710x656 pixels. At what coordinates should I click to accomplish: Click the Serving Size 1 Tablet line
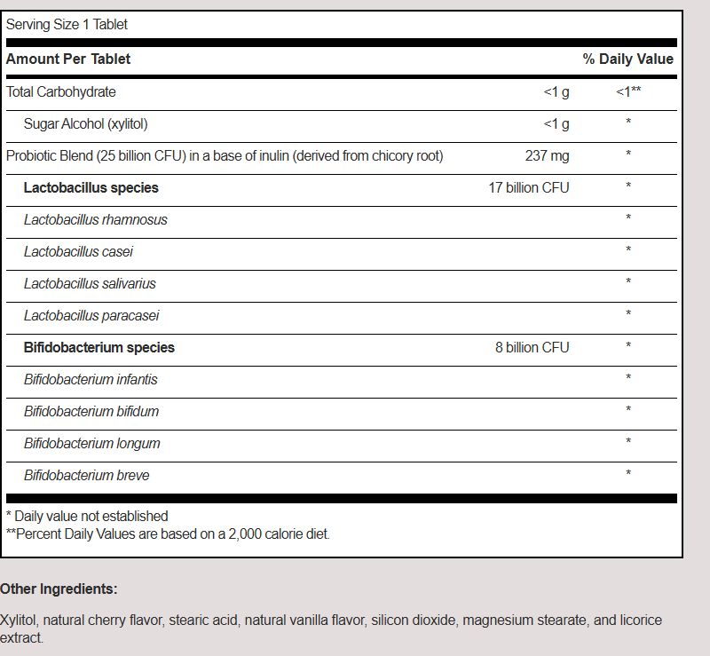click(x=67, y=24)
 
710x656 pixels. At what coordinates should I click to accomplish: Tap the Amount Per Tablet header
click(x=68, y=59)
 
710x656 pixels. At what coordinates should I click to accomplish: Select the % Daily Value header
click(x=627, y=59)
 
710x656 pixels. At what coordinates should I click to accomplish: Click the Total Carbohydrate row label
click(x=61, y=91)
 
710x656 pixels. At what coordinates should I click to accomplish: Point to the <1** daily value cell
click(x=628, y=91)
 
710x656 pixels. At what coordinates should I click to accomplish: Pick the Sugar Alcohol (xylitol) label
click(x=85, y=123)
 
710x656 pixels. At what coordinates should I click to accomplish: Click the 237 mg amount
click(x=547, y=155)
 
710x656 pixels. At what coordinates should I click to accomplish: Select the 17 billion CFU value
click(x=529, y=187)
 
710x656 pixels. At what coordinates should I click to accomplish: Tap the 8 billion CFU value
click(x=532, y=347)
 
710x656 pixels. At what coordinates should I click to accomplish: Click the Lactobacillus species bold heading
click(x=91, y=187)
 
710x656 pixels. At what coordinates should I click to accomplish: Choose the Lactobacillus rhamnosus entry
click(x=96, y=219)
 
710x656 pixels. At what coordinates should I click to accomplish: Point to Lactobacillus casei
click(x=78, y=251)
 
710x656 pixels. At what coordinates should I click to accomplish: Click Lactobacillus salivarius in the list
click(x=90, y=283)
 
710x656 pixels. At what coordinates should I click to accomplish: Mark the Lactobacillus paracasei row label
click(x=91, y=315)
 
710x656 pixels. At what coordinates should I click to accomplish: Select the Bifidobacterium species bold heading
click(x=99, y=347)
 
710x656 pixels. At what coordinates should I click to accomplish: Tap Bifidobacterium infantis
click(x=91, y=379)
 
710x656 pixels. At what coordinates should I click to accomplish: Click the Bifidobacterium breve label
click(x=87, y=475)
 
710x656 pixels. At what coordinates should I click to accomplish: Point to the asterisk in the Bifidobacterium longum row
click(x=628, y=442)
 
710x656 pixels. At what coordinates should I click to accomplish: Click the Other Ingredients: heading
click(x=59, y=589)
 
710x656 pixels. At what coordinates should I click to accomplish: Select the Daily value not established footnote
click(x=87, y=516)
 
